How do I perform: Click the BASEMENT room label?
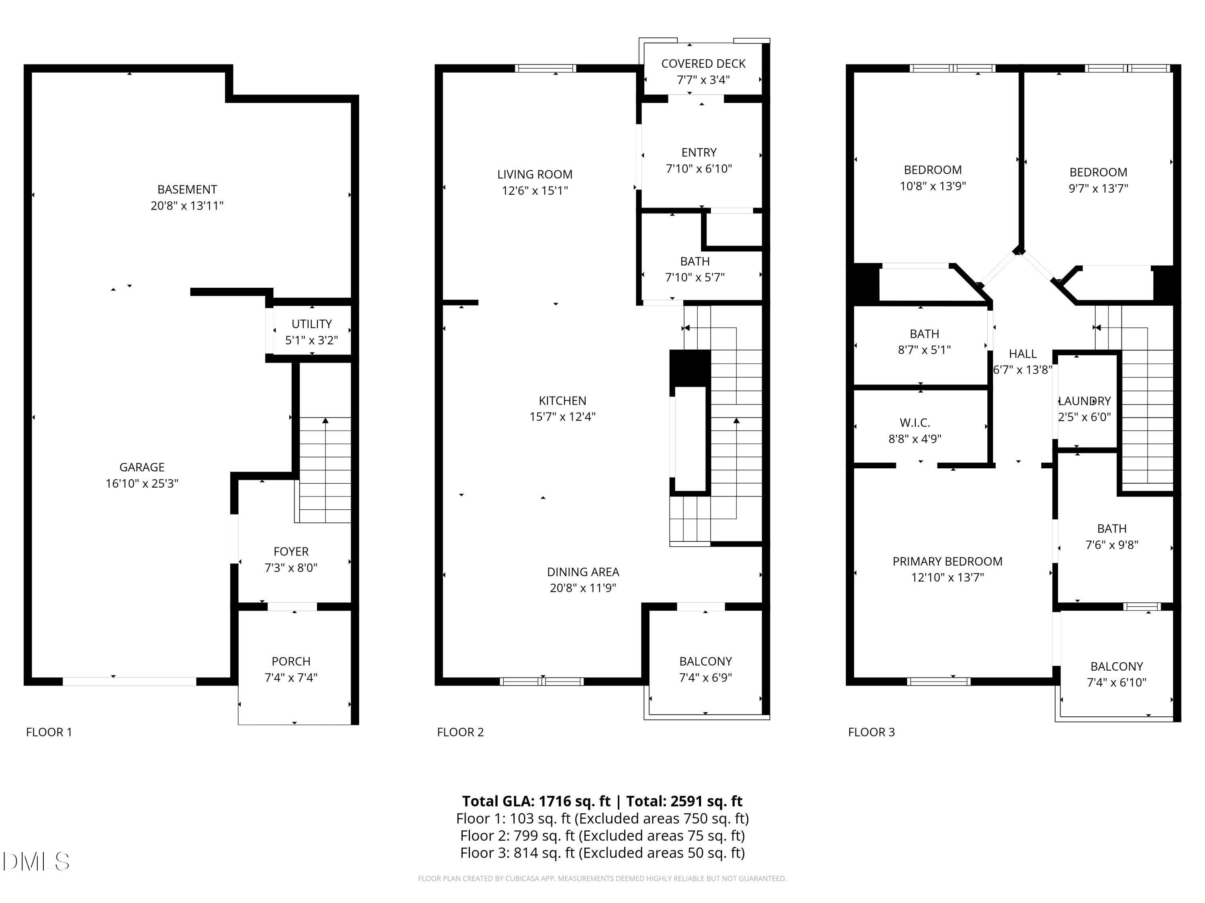click(x=187, y=189)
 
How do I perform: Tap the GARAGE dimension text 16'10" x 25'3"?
click(x=142, y=483)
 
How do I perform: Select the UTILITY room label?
click(x=312, y=324)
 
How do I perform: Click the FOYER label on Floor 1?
click(x=291, y=551)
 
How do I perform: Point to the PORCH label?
click(x=291, y=661)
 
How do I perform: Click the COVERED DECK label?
click(x=703, y=64)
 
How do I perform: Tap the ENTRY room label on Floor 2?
click(x=699, y=153)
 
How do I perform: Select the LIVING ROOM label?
click(x=534, y=174)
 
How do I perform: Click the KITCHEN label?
click(x=562, y=401)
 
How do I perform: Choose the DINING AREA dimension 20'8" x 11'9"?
click(x=583, y=588)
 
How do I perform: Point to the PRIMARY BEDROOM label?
click(x=947, y=561)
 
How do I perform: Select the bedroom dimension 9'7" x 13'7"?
click(x=1098, y=188)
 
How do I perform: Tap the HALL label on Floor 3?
click(x=1023, y=354)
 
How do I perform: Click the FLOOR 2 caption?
click(x=460, y=732)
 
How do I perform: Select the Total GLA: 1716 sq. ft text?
click(x=536, y=801)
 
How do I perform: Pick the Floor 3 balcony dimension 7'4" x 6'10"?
click(x=1116, y=683)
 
